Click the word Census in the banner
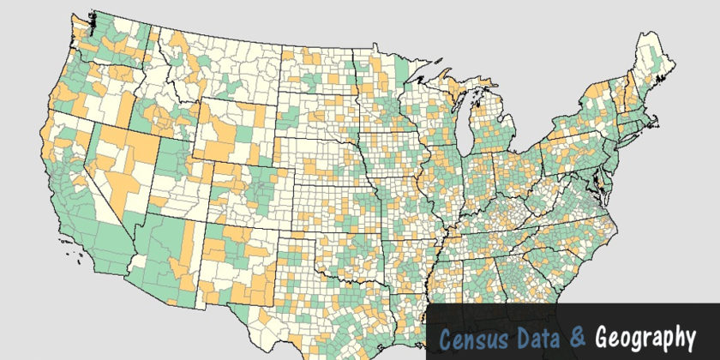[470, 336]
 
